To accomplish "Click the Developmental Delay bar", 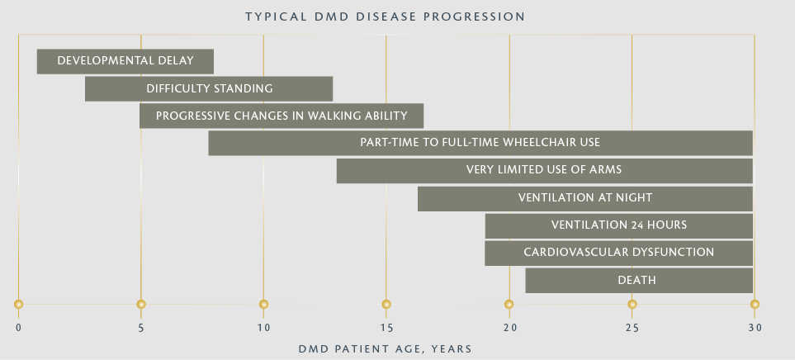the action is point(125,61).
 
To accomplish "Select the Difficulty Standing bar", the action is point(209,88).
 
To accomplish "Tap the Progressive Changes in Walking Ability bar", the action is point(282,116).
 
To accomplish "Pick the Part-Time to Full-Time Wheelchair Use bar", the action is point(480,143).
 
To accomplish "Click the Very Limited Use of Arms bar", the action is point(545,171).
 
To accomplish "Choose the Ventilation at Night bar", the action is point(585,199).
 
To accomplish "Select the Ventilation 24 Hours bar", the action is point(619,226).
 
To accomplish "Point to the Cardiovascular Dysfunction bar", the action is point(618,253).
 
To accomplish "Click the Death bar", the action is point(639,281).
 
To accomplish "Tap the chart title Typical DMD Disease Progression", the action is point(386,17).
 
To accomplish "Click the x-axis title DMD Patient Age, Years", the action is point(386,348).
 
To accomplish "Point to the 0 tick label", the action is point(19,328).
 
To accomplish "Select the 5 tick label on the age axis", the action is point(141,328).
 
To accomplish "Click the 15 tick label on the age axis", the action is point(386,328).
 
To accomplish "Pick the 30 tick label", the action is point(755,328).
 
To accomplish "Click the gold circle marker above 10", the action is point(263,304).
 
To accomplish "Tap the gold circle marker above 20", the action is point(509,304).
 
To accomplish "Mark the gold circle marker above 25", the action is point(632,304).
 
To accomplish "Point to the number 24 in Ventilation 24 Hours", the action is point(637,225).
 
